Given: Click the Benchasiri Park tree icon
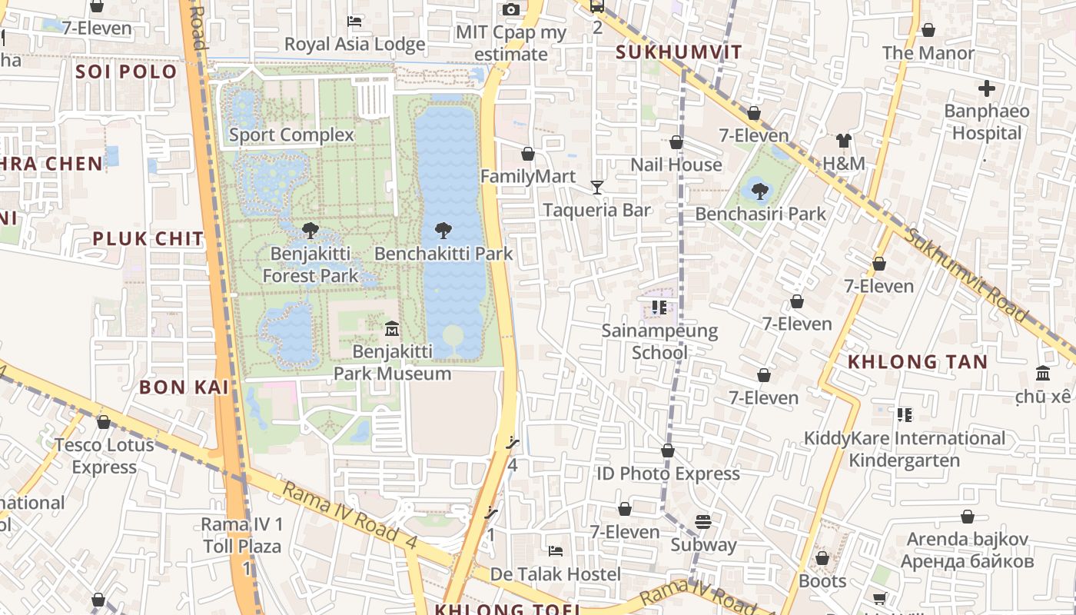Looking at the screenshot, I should click(759, 190).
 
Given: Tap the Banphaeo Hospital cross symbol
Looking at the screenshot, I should click(987, 88).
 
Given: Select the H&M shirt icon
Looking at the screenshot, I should click(844, 141).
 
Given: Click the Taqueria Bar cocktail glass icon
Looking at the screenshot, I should click(596, 187).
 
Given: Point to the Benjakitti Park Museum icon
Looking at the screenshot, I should click(392, 329).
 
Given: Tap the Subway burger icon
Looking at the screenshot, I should click(702, 522).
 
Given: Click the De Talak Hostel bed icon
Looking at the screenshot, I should click(555, 551).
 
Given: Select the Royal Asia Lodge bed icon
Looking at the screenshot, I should click(354, 21).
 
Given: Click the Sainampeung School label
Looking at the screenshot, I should click(659, 341).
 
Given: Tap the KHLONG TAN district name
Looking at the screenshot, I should click(917, 361).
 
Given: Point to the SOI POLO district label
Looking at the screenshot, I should click(126, 71).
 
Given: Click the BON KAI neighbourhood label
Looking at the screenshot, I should click(184, 387).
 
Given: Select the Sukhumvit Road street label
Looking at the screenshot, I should click(965, 274).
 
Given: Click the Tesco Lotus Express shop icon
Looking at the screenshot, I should click(104, 422).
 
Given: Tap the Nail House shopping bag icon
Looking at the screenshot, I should click(676, 142).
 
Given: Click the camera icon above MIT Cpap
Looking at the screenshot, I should click(510, 10).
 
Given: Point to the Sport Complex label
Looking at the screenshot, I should click(291, 135).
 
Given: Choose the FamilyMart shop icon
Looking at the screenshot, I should click(528, 154).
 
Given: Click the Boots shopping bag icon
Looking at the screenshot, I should click(822, 558).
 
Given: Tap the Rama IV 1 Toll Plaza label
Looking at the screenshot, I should click(242, 536).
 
